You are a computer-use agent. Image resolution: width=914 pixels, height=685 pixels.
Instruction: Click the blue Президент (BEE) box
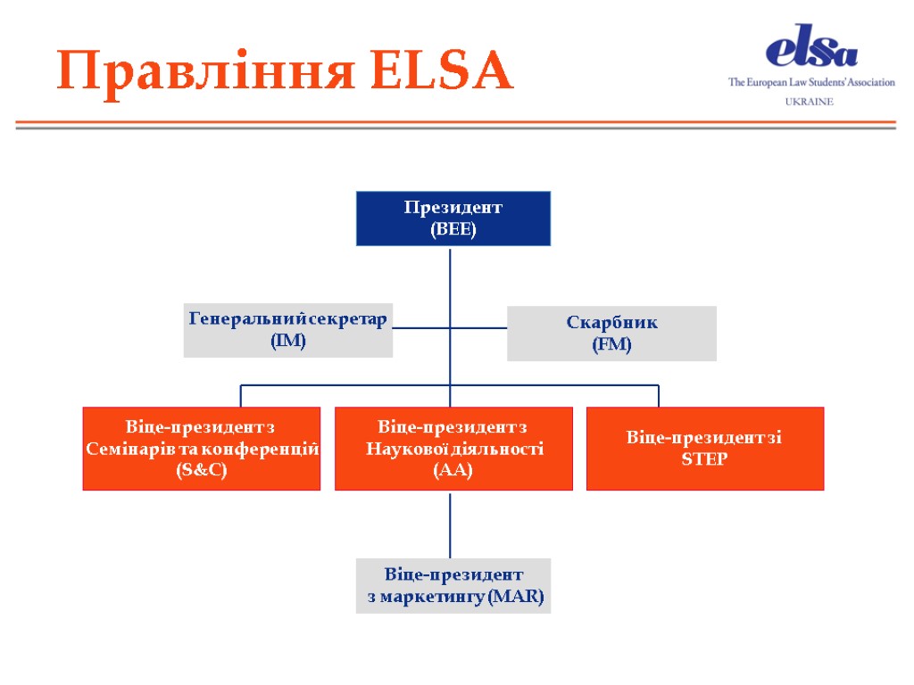click(x=453, y=219)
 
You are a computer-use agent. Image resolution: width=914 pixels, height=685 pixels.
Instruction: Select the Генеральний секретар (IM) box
click(x=288, y=330)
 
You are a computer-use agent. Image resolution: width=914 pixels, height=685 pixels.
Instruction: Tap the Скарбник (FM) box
click(x=611, y=334)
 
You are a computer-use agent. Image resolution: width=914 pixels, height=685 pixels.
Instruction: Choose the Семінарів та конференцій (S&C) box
click(x=202, y=449)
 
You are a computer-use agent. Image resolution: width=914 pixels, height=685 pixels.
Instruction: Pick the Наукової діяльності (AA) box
click(x=453, y=449)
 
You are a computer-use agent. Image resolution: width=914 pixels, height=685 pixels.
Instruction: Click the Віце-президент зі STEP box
click(x=704, y=449)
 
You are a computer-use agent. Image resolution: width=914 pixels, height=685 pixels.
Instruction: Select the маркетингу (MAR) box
click(x=453, y=586)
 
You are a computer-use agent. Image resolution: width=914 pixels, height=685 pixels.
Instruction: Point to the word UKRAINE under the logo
click(x=810, y=102)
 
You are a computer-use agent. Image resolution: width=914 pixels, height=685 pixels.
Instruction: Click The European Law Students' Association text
click(x=811, y=82)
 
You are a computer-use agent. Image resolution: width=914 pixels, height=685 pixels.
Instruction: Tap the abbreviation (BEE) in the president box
click(x=453, y=229)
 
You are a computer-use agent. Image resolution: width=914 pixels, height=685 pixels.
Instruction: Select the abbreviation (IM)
click(x=288, y=341)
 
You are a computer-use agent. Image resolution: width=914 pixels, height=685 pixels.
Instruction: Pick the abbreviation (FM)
click(x=611, y=344)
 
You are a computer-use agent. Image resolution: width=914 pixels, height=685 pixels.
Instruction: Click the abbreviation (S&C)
click(x=202, y=470)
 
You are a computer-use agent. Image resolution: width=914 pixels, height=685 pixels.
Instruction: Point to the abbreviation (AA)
click(x=453, y=470)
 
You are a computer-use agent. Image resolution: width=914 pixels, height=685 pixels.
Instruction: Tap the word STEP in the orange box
click(x=704, y=459)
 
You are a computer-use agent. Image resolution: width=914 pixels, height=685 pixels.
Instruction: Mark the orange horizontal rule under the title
click(x=455, y=121)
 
